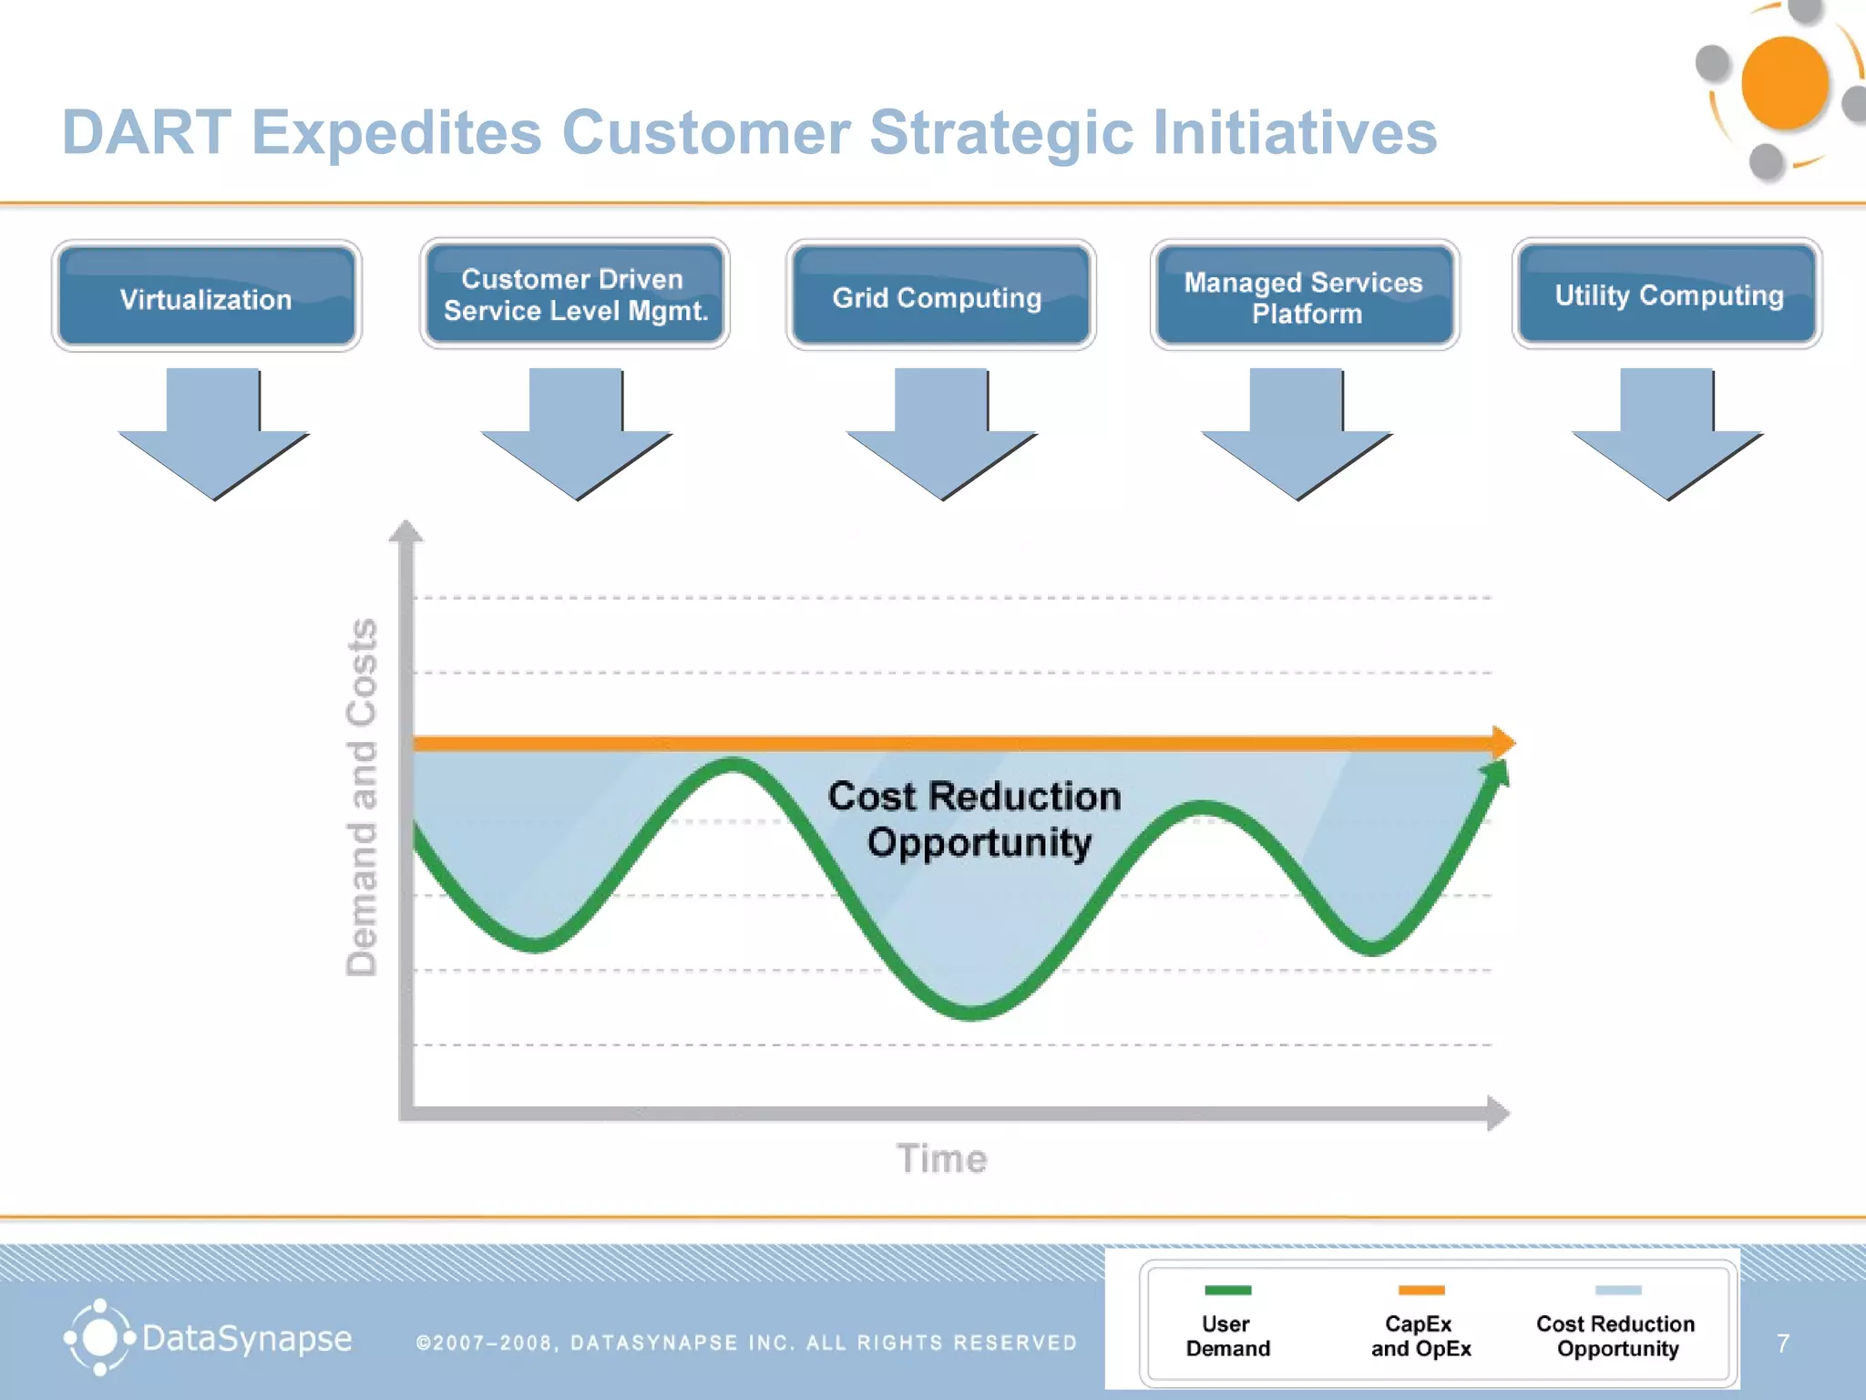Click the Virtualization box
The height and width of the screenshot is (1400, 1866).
(x=207, y=296)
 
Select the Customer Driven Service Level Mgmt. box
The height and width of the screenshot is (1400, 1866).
(x=574, y=294)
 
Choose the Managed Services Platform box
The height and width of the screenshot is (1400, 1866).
(x=1305, y=296)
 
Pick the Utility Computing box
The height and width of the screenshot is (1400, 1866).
(x=1667, y=294)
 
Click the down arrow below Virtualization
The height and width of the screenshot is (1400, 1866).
(x=213, y=437)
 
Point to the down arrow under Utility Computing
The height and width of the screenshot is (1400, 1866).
(x=1667, y=437)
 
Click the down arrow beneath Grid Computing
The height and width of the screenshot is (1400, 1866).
(x=941, y=437)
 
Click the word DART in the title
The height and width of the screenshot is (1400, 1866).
(x=146, y=133)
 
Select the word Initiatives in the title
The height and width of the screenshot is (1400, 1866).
(x=1294, y=133)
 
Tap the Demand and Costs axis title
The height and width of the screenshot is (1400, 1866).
(x=362, y=798)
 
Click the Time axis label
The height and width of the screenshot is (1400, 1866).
(x=941, y=1158)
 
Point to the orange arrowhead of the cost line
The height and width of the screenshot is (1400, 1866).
(x=1502, y=743)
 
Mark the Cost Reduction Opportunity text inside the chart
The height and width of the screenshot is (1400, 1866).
(x=975, y=818)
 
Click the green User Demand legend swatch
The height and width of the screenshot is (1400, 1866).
(x=1227, y=1290)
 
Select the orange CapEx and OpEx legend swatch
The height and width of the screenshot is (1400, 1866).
(x=1420, y=1290)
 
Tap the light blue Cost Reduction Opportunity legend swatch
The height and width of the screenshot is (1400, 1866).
(x=1617, y=1290)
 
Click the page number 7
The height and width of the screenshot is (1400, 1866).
(x=1782, y=1343)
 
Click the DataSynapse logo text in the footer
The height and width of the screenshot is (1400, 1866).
(x=246, y=1338)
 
